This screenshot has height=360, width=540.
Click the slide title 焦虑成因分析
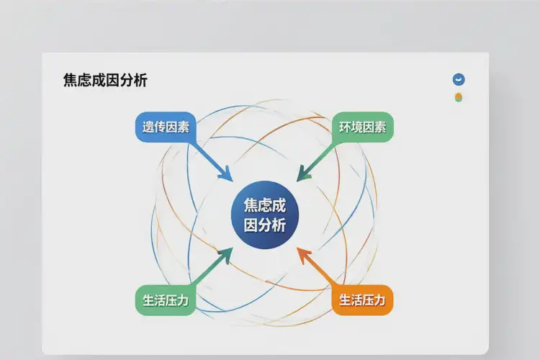click(105, 81)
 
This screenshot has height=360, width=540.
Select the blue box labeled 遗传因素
click(166, 127)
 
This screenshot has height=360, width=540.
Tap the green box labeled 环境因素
click(362, 127)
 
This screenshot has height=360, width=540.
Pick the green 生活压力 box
click(165, 300)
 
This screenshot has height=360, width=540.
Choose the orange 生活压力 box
click(362, 300)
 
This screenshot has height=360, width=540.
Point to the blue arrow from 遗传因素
click(210, 160)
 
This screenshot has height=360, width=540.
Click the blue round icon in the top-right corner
click(458, 80)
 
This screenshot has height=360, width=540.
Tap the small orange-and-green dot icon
click(458, 97)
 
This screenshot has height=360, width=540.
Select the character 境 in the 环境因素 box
click(356, 127)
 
